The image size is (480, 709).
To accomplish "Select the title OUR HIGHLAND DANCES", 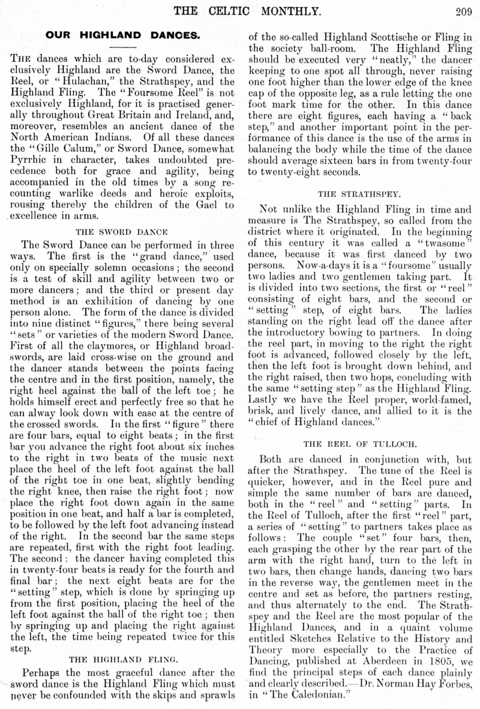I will [122, 35].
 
